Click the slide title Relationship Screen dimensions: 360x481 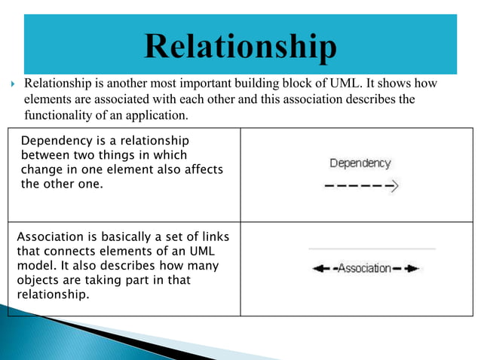pyautogui.click(x=240, y=47)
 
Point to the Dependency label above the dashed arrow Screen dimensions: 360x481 pyautogui.click(x=360, y=163)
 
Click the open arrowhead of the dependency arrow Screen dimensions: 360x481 pyautogui.click(x=394, y=184)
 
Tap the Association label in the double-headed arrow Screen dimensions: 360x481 pyautogui.click(x=364, y=268)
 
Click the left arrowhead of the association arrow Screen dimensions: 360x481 pyautogui.click(x=318, y=268)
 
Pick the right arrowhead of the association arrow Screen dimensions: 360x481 pyautogui.click(x=412, y=268)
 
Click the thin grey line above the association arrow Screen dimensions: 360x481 pyautogui.click(x=372, y=249)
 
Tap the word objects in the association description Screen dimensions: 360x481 pyautogui.click(x=37, y=280)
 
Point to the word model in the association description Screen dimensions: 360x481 pyautogui.click(x=34, y=266)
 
